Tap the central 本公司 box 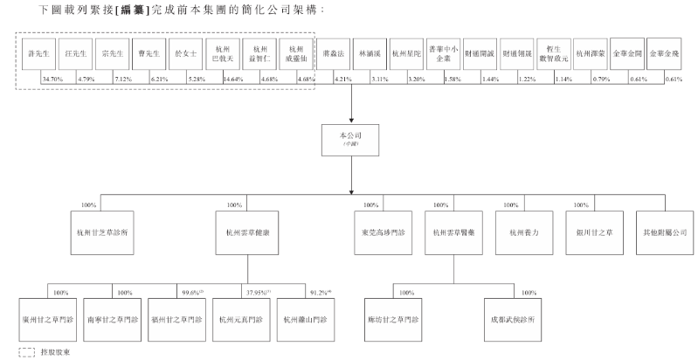[349, 143]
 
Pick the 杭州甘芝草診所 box [103, 233]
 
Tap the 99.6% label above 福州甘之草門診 [191, 292]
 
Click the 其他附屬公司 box [662, 233]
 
